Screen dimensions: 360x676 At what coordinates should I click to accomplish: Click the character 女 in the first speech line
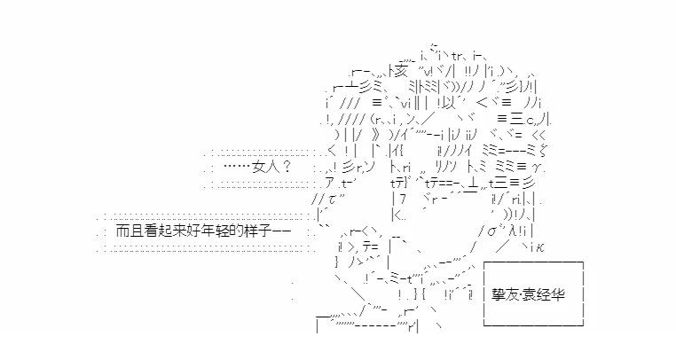(259, 166)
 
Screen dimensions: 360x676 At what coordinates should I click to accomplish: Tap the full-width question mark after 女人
(287, 166)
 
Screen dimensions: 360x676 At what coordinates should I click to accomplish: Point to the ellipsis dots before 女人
(234, 166)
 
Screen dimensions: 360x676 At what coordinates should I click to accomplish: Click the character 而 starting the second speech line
(122, 230)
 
